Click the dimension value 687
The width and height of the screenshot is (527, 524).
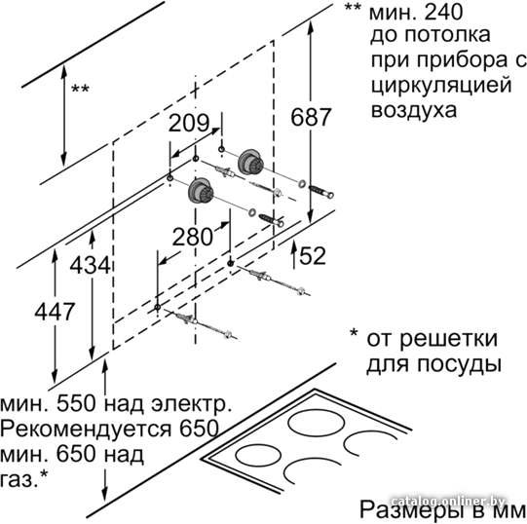311,117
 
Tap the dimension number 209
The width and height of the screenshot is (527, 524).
189,123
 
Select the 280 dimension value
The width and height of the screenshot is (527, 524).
192,237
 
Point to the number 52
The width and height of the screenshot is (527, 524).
313,256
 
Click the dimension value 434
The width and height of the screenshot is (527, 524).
90,265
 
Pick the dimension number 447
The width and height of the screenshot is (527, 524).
55,312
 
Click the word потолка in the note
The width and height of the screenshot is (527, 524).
447,35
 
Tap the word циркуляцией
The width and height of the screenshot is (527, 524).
441,86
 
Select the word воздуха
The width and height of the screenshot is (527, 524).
414,110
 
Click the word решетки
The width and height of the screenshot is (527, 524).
448,339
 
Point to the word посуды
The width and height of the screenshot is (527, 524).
459,363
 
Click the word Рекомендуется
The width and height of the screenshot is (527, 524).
86,429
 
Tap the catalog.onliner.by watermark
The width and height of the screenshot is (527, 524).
448,501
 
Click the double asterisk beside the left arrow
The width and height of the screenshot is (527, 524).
80,89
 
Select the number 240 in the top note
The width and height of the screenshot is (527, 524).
443,12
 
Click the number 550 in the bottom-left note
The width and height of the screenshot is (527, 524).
76,403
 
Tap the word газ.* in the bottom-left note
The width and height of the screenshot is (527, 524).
23,478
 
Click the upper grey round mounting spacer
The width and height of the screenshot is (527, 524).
250,162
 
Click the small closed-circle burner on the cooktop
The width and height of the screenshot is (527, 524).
258,455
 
